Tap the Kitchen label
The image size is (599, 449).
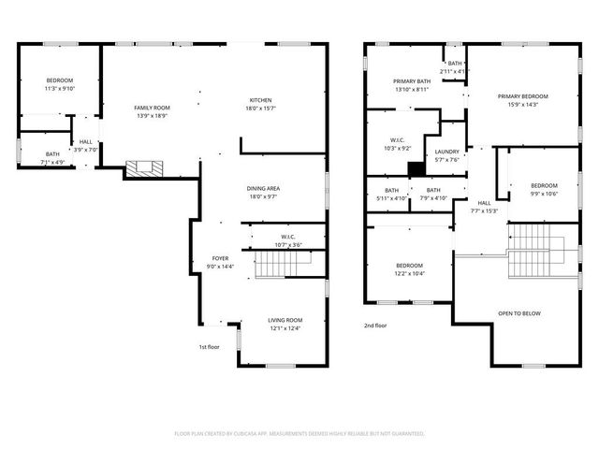tap(260, 101)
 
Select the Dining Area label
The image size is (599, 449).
tap(264, 188)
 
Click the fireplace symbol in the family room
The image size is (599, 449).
tap(144, 168)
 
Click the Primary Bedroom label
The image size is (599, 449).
tap(522, 96)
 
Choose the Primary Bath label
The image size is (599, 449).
tap(411, 81)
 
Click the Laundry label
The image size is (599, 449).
tap(447, 152)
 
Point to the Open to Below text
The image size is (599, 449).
tap(519, 313)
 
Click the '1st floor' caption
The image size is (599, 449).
tap(209, 347)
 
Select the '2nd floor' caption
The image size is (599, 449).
tap(375, 326)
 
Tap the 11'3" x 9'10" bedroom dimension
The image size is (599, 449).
tap(59, 89)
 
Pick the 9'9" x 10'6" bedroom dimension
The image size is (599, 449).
tap(545, 194)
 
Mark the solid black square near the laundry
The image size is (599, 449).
tap(415, 168)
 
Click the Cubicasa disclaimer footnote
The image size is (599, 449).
tap(299, 434)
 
